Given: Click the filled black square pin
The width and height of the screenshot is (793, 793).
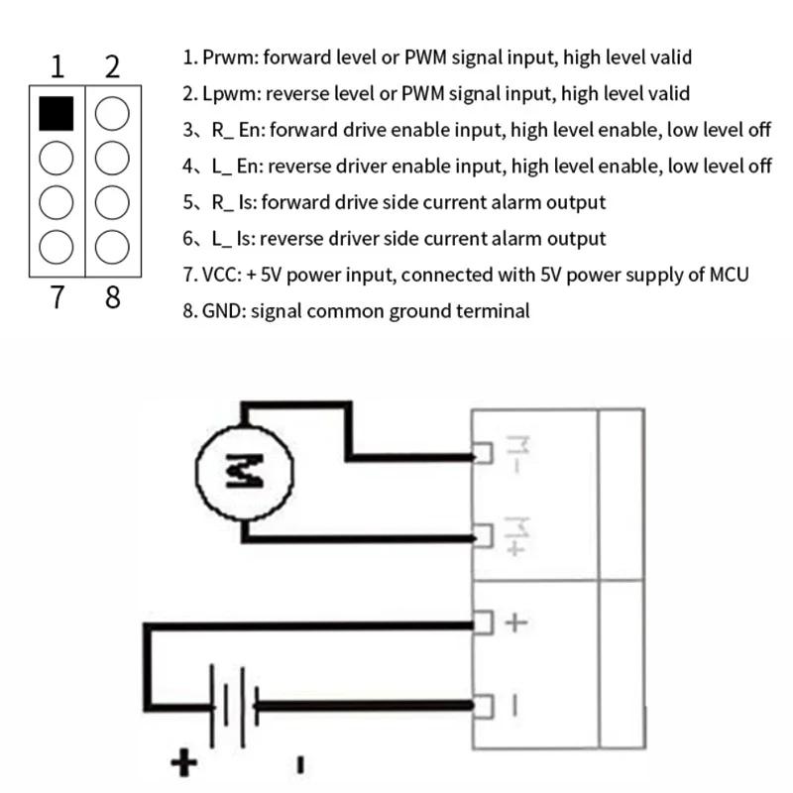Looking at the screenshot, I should [57, 113].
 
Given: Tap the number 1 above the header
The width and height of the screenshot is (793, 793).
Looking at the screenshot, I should [57, 66].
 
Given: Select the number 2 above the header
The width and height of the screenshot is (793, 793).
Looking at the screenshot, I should [112, 66].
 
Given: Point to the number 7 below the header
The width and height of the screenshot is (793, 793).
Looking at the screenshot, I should [57, 296].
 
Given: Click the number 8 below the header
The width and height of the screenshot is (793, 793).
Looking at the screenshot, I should [112, 296].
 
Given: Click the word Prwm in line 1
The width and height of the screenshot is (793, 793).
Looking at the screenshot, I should [227, 57].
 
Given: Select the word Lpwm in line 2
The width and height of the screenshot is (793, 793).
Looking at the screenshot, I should [227, 94].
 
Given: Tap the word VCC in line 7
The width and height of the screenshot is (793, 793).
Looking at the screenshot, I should [221, 275].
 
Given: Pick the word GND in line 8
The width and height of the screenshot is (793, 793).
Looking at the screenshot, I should [223, 311].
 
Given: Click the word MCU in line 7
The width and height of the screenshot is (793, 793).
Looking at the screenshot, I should [727, 275].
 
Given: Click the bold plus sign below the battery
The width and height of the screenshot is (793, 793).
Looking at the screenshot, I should [184, 762].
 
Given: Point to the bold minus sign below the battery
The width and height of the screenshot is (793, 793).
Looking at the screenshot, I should [299, 764].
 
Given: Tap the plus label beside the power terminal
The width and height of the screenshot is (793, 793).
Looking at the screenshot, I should [516, 623].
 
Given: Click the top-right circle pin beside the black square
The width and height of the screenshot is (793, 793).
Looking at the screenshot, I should [112, 113].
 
